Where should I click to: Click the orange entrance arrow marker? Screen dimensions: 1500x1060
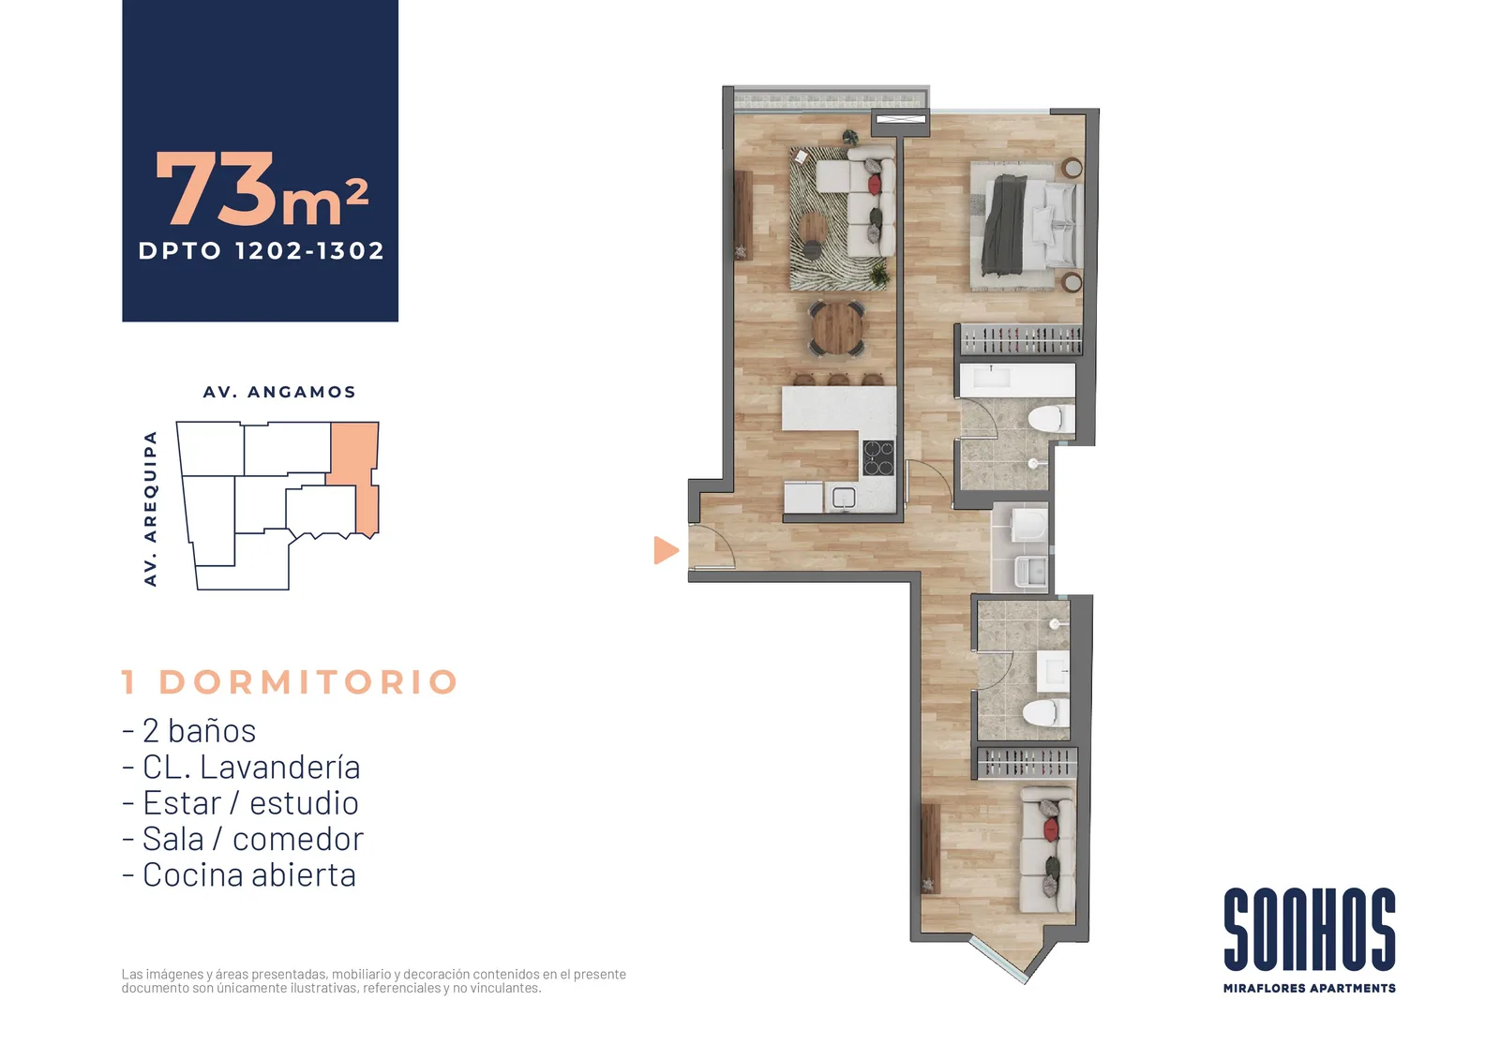click(666, 550)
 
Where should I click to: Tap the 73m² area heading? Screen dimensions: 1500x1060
click(262, 188)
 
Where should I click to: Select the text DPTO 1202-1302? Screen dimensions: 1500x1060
click(262, 251)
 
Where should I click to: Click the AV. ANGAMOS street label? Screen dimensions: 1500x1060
click(279, 392)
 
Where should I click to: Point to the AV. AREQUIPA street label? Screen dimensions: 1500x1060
click(151, 509)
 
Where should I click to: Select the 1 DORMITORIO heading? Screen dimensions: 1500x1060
click(290, 681)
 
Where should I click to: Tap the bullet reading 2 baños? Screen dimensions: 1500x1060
click(188, 730)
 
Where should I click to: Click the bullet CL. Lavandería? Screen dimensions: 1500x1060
click(241, 767)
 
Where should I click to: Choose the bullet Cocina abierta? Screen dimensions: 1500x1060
click(239, 874)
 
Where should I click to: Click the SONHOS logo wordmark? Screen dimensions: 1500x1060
click(1309, 929)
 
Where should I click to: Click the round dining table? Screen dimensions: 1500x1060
click(836, 328)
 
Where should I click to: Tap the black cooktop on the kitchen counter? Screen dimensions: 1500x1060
click(877, 457)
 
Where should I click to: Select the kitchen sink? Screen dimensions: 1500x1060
click(844, 498)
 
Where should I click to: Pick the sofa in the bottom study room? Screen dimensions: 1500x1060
click(1047, 850)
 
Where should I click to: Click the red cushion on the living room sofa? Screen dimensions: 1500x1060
click(874, 184)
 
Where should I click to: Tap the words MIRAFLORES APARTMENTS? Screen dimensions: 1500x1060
click(1309, 988)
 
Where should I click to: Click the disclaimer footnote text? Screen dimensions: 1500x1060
click(374, 981)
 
